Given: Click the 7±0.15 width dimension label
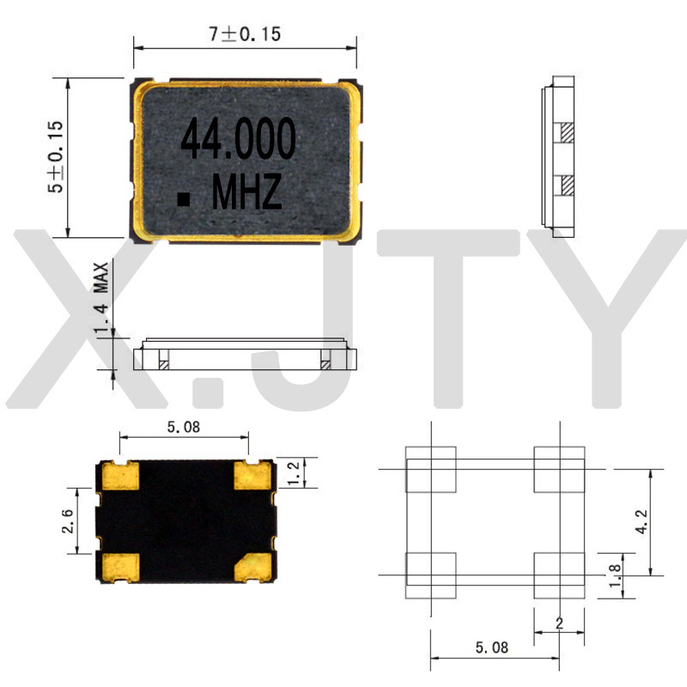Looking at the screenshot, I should (245, 34).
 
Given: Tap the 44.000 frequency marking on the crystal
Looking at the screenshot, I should (238, 139).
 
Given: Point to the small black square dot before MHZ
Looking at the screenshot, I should (183, 199).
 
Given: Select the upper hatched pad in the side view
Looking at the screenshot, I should (567, 132).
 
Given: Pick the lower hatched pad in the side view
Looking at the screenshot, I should (567, 184).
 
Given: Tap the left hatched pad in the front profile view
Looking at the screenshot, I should (163, 364).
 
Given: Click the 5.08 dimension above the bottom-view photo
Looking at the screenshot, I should (182, 428).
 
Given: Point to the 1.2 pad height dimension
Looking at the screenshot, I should (295, 471).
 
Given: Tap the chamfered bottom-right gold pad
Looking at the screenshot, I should (255, 565).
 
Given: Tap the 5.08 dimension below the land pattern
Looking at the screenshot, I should (490, 647).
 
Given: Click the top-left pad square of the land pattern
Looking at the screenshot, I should (430, 470).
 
